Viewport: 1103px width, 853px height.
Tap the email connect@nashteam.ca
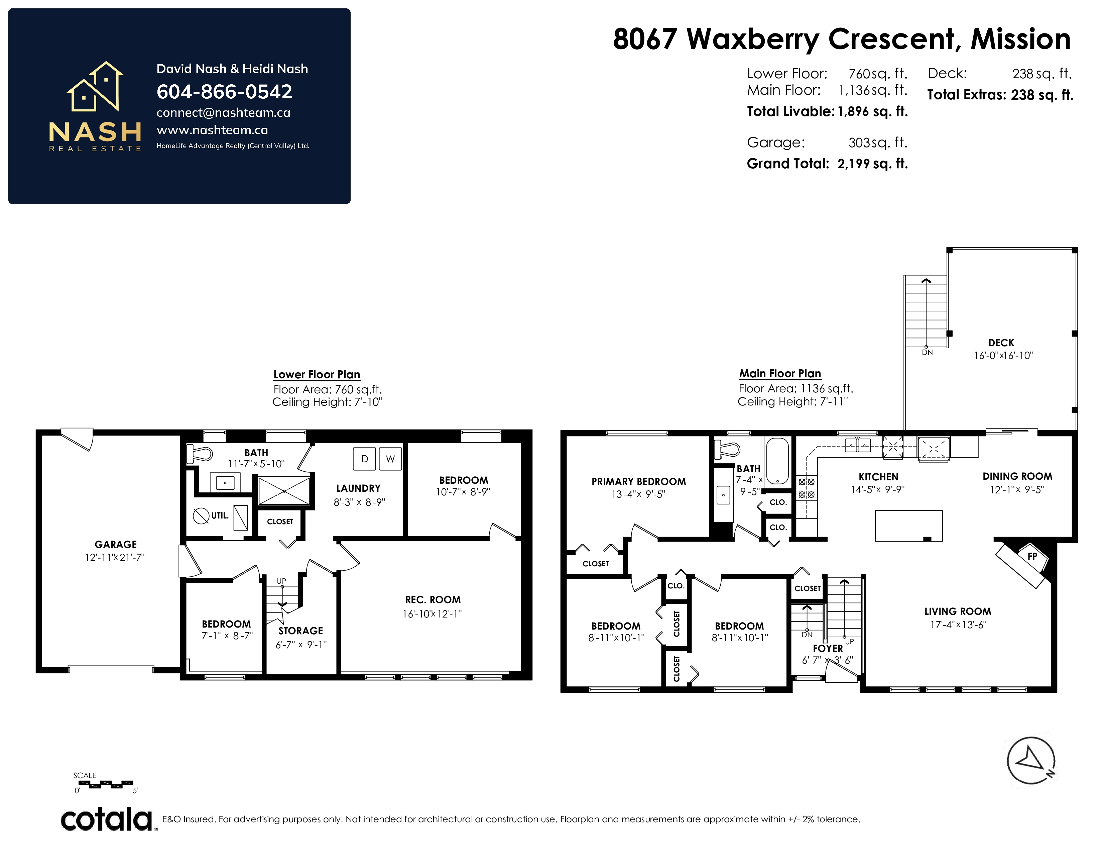click(223, 113)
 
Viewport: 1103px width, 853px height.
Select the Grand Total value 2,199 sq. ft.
click(872, 164)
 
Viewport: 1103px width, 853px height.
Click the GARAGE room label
click(116, 544)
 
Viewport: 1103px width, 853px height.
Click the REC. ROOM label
click(433, 600)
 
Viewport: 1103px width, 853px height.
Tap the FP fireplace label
click(1032, 556)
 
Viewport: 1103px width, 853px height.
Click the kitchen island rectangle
click(908, 526)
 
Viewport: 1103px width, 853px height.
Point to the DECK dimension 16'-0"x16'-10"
click(1003, 355)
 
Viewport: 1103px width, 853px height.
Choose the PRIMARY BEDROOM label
click(639, 482)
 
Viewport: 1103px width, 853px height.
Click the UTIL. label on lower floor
click(220, 515)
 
